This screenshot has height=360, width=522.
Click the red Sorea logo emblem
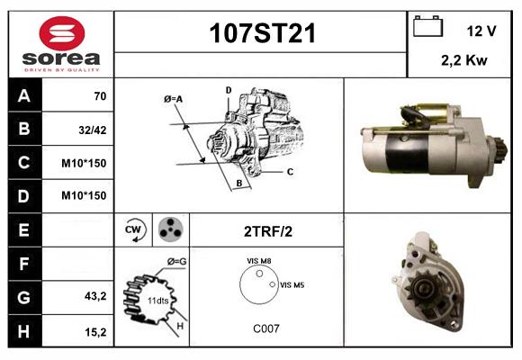62,33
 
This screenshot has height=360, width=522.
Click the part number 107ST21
262,33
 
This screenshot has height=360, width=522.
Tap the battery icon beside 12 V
427,26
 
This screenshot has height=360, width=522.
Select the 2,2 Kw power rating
464,60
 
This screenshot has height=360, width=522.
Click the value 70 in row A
100,96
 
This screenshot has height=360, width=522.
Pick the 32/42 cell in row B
93,130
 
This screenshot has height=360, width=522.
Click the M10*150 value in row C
84,163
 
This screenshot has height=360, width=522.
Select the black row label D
25,196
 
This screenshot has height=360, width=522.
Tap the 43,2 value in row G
95,296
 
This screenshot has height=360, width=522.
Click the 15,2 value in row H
95,332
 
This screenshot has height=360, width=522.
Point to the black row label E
25,229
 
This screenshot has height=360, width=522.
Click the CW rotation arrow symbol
135,229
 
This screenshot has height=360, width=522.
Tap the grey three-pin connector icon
171,229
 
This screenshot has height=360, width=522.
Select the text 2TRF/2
268,231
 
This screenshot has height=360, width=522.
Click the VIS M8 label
258,261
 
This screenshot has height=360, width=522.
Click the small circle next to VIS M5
273,284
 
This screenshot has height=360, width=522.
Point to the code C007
266,328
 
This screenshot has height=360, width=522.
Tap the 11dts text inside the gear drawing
157,301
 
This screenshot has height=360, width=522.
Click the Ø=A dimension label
173,99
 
